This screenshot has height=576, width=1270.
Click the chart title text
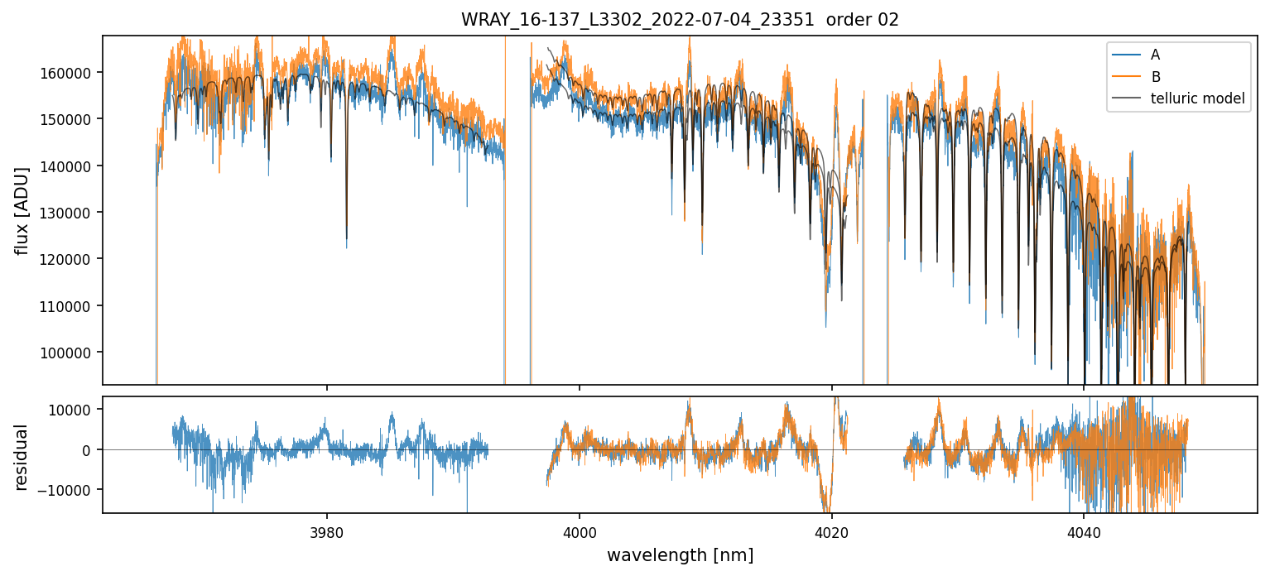[680, 20]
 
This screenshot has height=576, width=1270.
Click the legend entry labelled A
[1155, 55]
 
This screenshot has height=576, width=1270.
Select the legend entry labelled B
[1155, 77]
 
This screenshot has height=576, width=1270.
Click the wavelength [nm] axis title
[680, 554]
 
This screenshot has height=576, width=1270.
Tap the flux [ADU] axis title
[22, 210]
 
